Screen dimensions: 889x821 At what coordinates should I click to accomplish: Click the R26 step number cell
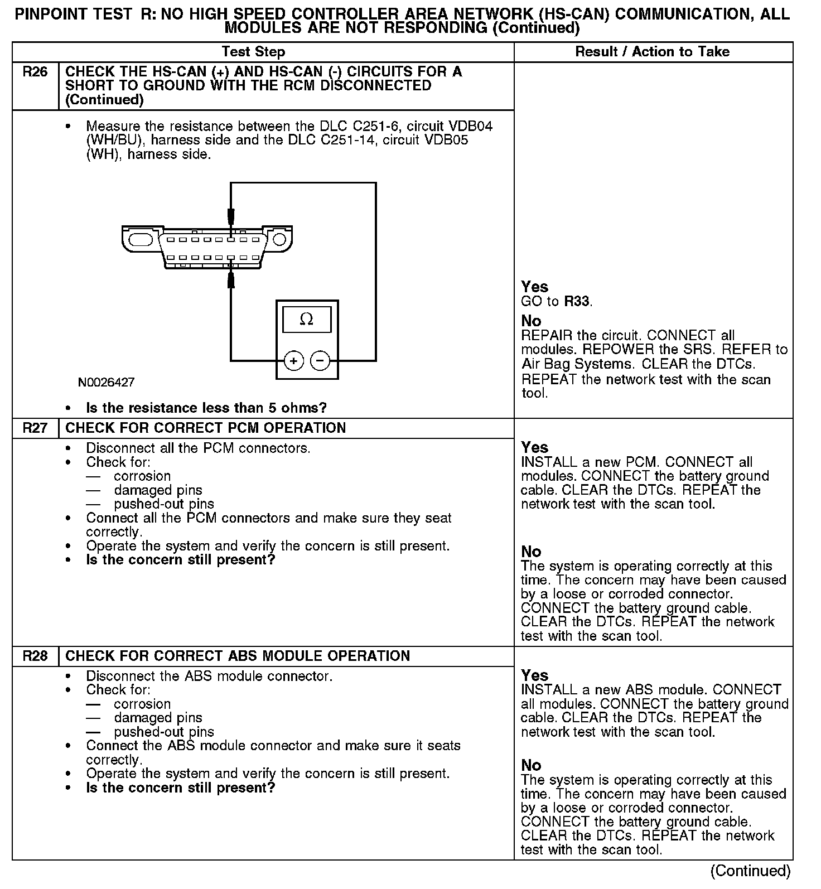pyautogui.click(x=35, y=72)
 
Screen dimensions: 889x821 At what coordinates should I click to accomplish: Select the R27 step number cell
pyautogui.click(x=35, y=428)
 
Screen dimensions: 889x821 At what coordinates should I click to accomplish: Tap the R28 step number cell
pyautogui.click(x=35, y=656)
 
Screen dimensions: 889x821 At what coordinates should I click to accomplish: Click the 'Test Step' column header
pyautogui.click(x=253, y=52)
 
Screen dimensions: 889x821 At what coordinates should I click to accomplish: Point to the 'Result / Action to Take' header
pyautogui.click(x=652, y=52)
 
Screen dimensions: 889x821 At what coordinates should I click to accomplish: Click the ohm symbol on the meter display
pyautogui.click(x=306, y=320)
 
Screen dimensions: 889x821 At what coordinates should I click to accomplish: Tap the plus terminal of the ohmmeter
pyautogui.click(x=294, y=361)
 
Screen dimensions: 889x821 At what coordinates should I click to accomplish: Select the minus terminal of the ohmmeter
pyautogui.click(x=320, y=361)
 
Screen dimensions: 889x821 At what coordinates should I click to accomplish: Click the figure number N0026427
pyautogui.click(x=106, y=383)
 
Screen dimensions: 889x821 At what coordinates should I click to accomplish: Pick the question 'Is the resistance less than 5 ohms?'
pyautogui.click(x=206, y=408)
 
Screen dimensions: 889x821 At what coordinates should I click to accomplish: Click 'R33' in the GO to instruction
pyautogui.click(x=577, y=302)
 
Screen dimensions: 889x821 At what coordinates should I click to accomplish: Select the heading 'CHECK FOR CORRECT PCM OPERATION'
pyautogui.click(x=205, y=428)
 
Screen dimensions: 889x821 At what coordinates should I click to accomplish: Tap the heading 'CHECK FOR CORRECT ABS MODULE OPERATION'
pyautogui.click(x=238, y=656)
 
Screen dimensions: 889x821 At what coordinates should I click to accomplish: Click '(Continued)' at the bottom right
pyautogui.click(x=750, y=871)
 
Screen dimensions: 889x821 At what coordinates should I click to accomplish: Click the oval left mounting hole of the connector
pyautogui.click(x=141, y=240)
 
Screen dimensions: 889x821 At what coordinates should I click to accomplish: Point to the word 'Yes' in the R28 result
pyautogui.click(x=534, y=675)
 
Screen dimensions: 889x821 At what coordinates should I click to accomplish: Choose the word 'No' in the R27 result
pyautogui.click(x=531, y=552)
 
